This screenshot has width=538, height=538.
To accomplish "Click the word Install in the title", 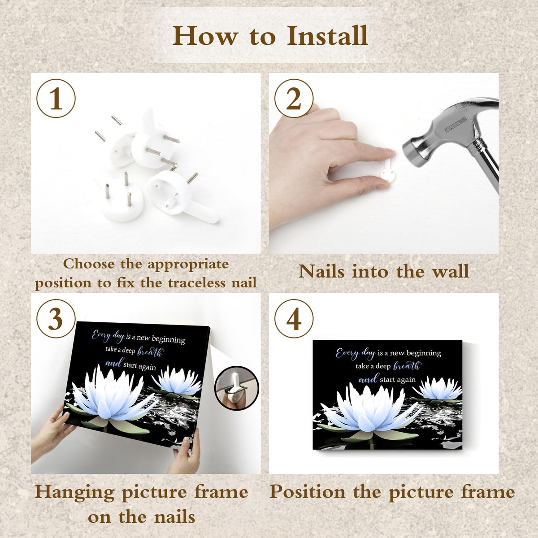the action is [327, 36].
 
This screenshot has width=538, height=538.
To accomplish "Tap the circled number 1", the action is [56, 99].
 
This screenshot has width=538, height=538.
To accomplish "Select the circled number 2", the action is [294, 99].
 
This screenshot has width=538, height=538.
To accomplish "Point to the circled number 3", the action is [56, 319].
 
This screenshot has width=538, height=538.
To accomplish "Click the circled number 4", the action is [294, 319].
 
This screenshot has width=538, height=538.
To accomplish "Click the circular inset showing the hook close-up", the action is [237, 388].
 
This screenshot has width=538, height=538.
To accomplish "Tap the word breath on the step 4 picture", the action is [407, 366].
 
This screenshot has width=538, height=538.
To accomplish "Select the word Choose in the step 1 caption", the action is [89, 264].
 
